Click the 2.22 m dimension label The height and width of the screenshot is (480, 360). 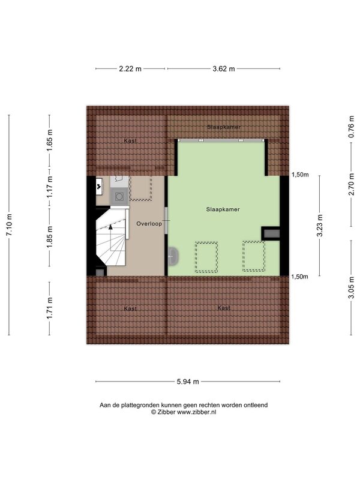(130, 69)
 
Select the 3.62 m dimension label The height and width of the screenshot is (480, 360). (224, 69)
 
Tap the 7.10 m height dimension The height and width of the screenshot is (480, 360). (9, 224)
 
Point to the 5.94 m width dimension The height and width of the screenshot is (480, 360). (188, 382)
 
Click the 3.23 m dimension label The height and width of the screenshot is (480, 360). (320, 226)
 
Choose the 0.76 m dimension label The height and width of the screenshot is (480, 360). (351, 127)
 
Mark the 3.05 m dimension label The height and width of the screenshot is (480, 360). (351, 287)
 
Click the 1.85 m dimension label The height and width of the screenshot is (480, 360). (50, 237)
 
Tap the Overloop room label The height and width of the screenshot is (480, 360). (149, 224)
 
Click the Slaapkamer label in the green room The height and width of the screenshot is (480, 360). (223, 209)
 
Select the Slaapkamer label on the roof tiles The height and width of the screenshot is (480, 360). (224, 127)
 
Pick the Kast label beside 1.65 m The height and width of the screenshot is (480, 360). (130, 141)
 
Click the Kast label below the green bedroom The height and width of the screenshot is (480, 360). (224, 308)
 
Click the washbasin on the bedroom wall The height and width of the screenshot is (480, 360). (173, 256)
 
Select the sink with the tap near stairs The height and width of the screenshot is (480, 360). (100, 186)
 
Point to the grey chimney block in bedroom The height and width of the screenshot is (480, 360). (271, 233)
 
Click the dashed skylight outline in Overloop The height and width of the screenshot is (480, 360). (140, 188)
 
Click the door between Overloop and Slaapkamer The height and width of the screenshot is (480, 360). (167, 220)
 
